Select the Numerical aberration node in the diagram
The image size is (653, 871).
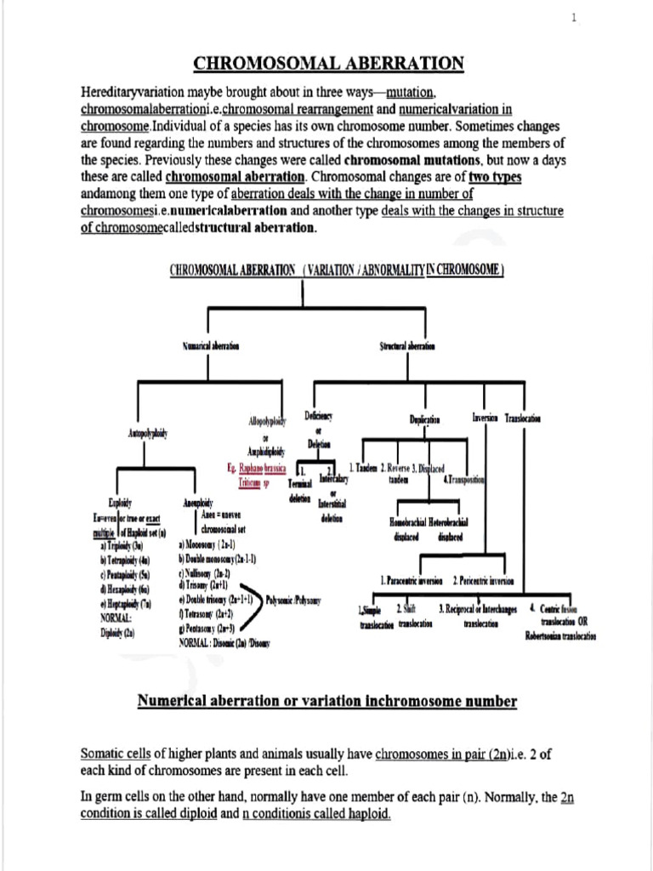point(211,346)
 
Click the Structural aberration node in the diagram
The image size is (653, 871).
point(406,346)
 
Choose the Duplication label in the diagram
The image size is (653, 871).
point(424,419)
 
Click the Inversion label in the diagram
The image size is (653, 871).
point(485,418)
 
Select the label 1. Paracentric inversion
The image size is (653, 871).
point(413,581)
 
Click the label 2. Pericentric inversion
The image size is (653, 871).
point(490,581)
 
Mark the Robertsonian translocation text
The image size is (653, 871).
point(560,635)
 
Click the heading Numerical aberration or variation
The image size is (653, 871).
point(326,700)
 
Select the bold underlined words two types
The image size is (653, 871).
point(495,176)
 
